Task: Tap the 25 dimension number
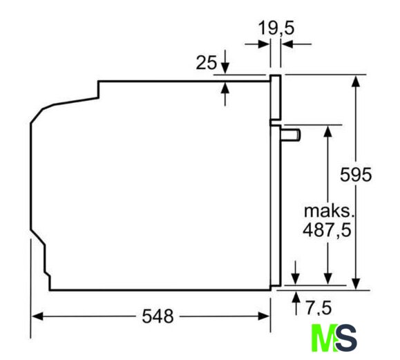207,62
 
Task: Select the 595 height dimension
356,175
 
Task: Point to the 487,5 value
327,230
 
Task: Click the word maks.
329,211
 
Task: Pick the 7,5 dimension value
319,307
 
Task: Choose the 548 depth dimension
158,316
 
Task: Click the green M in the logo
323,337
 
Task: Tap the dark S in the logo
346,337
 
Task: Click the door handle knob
291,135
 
